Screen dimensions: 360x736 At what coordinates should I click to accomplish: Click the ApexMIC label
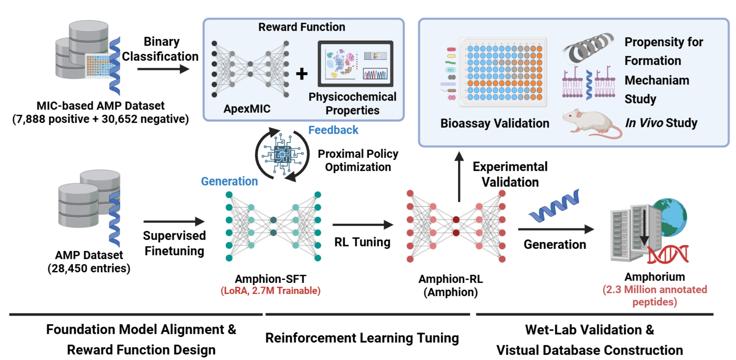point(247,109)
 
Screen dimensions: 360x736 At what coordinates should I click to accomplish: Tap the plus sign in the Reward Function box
point(302,74)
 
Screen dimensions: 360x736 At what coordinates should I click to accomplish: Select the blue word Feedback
point(333,130)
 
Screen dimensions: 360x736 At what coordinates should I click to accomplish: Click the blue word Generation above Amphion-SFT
point(229,181)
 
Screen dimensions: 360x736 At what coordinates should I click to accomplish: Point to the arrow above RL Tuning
point(362,225)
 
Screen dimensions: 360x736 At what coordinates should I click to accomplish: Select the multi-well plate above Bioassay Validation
point(503,72)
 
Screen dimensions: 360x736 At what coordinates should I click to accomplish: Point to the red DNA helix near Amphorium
point(668,255)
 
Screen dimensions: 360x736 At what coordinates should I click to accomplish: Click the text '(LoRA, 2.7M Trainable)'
point(270,291)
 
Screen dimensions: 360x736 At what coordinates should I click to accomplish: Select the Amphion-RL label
point(451,279)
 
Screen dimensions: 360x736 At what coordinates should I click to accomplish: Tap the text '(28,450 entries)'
point(89,268)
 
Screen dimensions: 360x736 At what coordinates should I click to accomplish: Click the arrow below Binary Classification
point(163,69)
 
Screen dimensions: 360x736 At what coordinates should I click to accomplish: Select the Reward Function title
point(302,27)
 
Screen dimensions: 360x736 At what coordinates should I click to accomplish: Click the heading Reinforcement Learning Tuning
point(362,338)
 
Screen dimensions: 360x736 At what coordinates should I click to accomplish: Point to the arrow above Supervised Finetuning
point(174,222)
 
